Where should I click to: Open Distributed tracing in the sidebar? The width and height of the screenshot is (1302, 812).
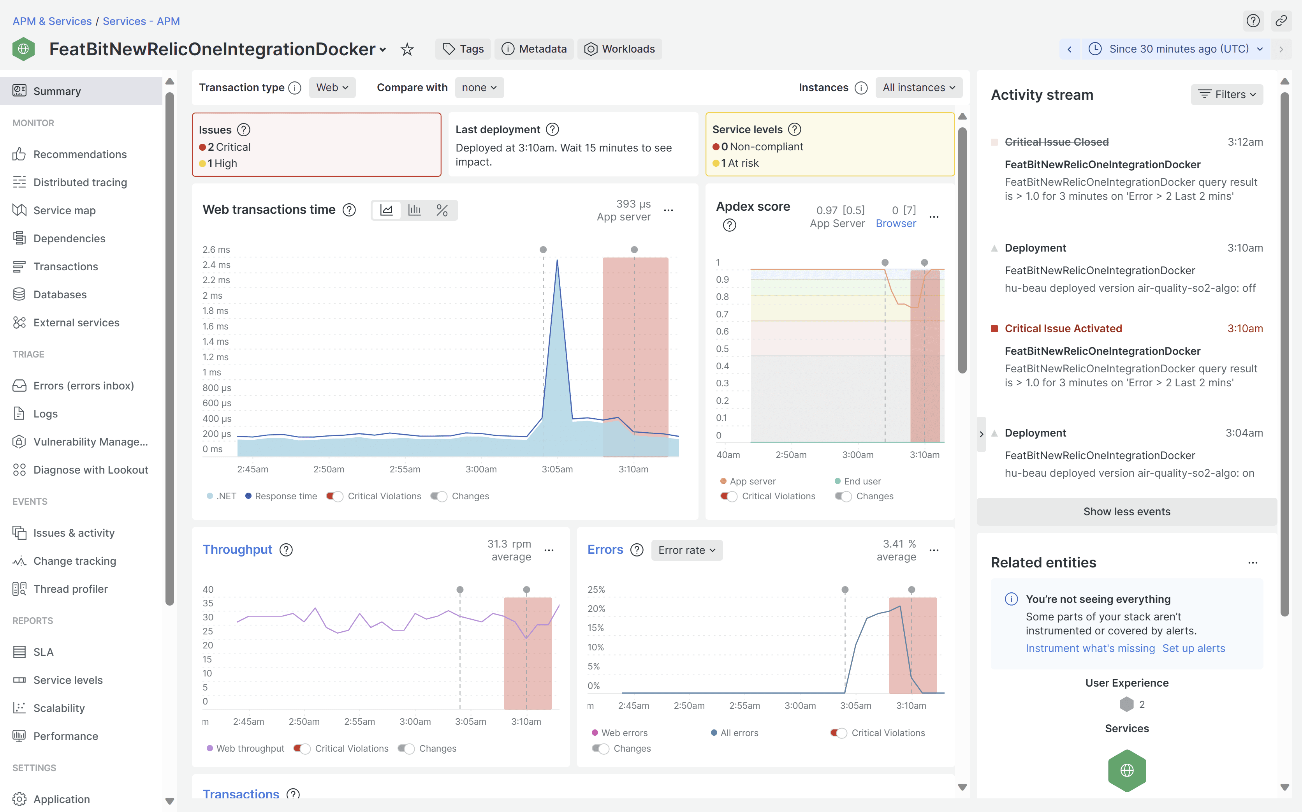pyautogui.click(x=80, y=183)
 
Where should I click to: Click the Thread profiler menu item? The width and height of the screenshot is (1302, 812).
pyautogui.click(x=70, y=589)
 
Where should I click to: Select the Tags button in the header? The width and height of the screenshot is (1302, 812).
pyautogui.click(x=463, y=49)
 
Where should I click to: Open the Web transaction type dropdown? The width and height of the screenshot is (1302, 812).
pyautogui.click(x=332, y=88)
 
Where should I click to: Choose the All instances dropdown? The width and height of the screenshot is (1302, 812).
pyautogui.click(x=918, y=88)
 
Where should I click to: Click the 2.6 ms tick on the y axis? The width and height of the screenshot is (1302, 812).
pyautogui.click(x=216, y=250)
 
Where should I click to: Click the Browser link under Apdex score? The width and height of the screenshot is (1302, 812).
pyautogui.click(x=896, y=224)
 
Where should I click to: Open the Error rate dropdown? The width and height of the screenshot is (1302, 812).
pyautogui.click(x=686, y=550)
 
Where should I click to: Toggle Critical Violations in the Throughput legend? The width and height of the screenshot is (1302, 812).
pyautogui.click(x=303, y=749)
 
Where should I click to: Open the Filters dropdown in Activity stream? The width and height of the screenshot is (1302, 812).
pyautogui.click(x=1226, y=95)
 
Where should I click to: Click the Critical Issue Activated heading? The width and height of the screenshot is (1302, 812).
pyautogui.click(x=1063, y=329)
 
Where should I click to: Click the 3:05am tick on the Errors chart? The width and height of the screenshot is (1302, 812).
pyautogui.click(x=855, y=706)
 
